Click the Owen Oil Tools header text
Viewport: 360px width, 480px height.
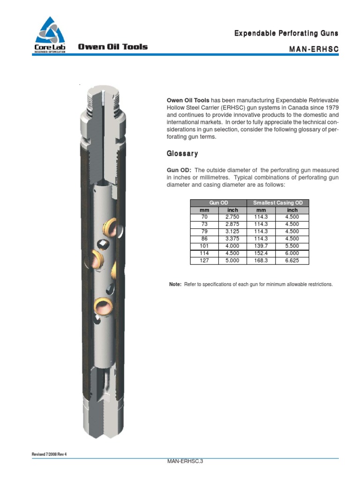pyautogui.click(x=112, y=47)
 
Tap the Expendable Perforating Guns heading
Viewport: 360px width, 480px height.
pyautogui.click(x=286, y=33)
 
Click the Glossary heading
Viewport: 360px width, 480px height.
pyautogui.click(x=182, y=154)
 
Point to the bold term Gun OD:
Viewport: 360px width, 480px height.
pyautogui.click(x=179, y=170)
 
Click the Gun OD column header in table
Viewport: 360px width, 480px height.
pyautogui.click(x=218, y=202)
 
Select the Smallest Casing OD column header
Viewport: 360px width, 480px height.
pyautogui.click(x=278, y=202)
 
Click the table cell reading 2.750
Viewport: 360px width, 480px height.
pyautogui.click(x=232, y=217)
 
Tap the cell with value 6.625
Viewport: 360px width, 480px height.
pyautogui.click(x=292, y=261)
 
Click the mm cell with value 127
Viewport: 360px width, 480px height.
pyautogui.click(x=204, y=261)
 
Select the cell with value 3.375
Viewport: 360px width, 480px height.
pyautogui.click(x=232, y=239)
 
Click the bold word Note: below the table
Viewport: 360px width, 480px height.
pyautogui.click(x=175, y=285)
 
